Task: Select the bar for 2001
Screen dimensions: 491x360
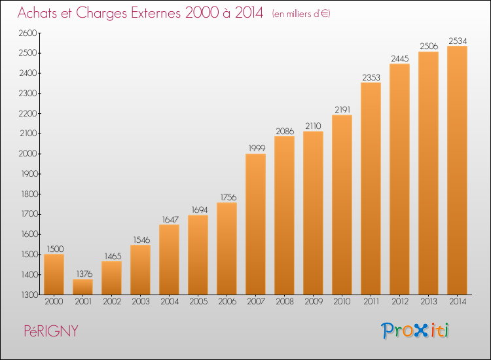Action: point(82,287)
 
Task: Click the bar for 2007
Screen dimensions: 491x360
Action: point(255,224)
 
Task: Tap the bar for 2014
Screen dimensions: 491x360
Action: point(457,170)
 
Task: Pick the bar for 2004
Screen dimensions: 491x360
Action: point(169,259)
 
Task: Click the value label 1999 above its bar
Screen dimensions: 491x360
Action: point(257,148)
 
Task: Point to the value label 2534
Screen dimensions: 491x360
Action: point(458,41)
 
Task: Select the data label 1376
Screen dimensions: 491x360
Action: point(84,274)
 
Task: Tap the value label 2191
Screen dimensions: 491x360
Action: point(342,109)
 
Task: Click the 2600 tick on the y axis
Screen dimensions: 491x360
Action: point(28,33)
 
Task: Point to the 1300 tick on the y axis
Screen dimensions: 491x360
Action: point(29,295)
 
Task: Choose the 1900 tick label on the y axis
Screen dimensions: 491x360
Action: point(29,173)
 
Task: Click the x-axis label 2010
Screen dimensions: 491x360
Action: point(342,302)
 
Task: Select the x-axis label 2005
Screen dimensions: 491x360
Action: point(198,302)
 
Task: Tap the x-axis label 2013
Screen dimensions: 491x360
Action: point(429,302)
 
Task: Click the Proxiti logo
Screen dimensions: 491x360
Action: point(415,331)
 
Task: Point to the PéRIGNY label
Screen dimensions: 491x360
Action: point(51,331)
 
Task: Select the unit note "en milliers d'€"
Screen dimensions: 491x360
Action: point(301,14)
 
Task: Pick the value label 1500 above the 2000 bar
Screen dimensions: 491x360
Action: point(55,249)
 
